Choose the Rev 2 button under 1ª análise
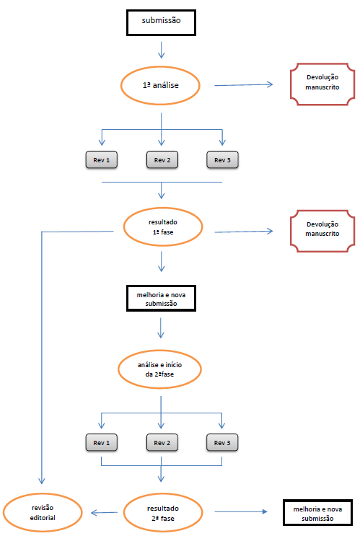(x=162, y=159)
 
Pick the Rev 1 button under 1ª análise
(x=102, y=159)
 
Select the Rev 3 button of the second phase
(x=222, y=443)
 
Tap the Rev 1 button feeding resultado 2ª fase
(x=102, y=443)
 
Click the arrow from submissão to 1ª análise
(x=162, y=50)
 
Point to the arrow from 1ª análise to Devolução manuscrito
(x=243, y=85)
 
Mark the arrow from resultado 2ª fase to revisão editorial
(x=105, y=512)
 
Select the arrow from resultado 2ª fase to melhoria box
(x=241, y=511)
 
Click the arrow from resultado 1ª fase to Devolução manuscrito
(x=243, y=232)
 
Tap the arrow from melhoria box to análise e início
(x=161, y=328)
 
